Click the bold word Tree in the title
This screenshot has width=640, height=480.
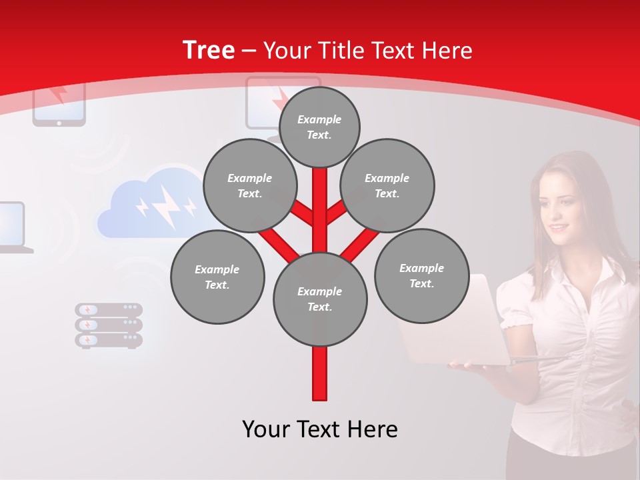pos(209,50)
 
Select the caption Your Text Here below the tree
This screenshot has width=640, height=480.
pos(320,429)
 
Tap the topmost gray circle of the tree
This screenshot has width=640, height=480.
pos(319,127)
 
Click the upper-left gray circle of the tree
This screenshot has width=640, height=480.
pos(249,186)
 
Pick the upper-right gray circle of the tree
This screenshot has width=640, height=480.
pos(387,186)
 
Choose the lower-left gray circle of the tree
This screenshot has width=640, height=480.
pos(217,277)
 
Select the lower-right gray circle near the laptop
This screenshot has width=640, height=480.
pos(421,276)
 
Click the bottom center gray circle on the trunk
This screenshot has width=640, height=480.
pos(320,299)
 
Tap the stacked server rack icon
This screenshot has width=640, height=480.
pos(109,325)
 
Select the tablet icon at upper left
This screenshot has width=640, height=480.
pos(59,103)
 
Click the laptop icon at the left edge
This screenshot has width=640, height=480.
pos(13,227)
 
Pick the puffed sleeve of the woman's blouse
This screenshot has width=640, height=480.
pos(517,300)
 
